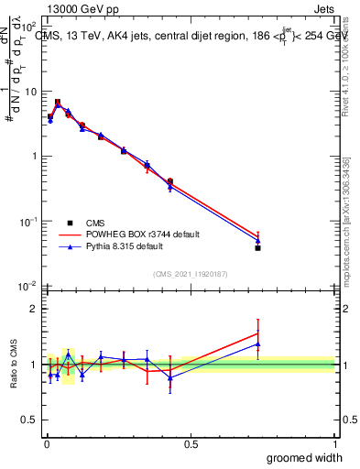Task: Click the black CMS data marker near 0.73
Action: point(258,248)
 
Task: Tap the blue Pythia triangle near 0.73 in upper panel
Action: point(258,241)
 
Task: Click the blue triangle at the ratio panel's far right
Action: point(258,344)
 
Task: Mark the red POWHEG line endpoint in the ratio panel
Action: point(258,333)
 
